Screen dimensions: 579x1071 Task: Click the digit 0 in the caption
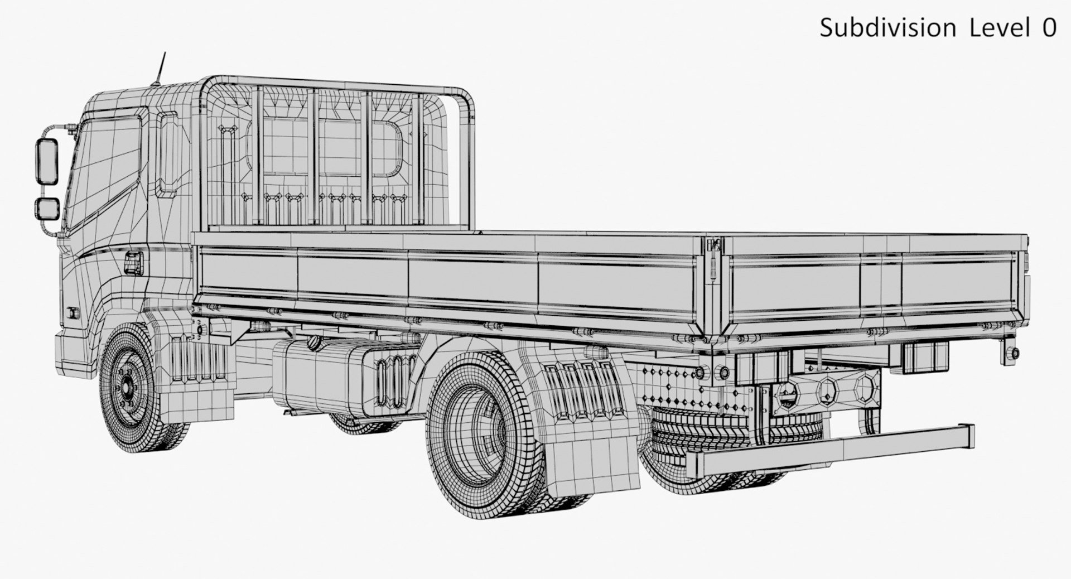(x=1048, y=28)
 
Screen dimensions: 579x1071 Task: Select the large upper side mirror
(x=47, y=160)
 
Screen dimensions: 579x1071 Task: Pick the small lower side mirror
(x=48, y=208)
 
